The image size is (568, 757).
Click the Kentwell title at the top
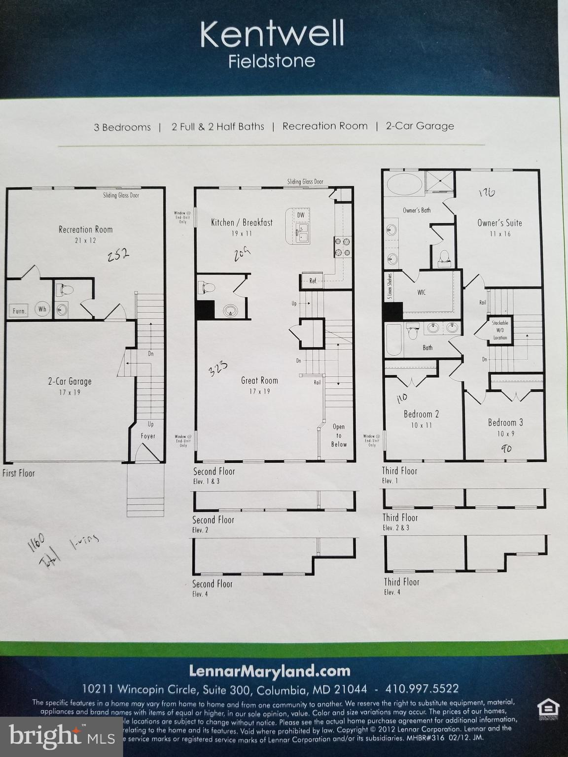click(x=272, y=34)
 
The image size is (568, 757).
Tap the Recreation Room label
click(x=85, y=230)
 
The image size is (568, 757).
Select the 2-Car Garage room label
click(x=70, y=381)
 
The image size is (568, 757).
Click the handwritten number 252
click(x=118, y=255)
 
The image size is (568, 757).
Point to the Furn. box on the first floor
click(x=19, y=310)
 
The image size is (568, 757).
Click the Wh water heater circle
click(x=42, y=310)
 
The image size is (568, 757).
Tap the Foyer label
click(x=148, y=436)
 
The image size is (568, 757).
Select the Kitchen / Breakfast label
click(x=242, y=223)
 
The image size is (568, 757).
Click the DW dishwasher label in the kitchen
click(x=301, y=215)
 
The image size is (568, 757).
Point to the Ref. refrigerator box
click(x=313, y=281)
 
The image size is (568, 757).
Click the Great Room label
click(x=259, y=380)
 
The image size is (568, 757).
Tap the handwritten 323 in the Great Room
click(x=217, y=368)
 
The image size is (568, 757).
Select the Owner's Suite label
click(x=499, y=223)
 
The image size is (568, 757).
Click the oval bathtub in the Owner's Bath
click(x=404, y=185)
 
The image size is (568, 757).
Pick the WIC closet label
click(x=421, y=292)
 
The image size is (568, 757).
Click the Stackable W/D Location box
click(x=499, y=330)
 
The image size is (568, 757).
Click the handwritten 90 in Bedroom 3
click(x=506, y=448)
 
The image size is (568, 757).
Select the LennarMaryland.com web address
click(x=270, y=671)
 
